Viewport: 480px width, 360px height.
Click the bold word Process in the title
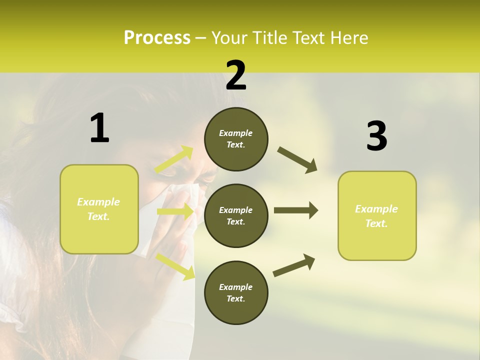click(157, 38)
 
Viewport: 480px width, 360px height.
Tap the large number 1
click(99, 129)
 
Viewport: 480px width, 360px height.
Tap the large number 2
click(236, 75)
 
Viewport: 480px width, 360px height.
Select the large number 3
click(376, 136)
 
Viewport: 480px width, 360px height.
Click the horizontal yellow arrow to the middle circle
click(175, 211)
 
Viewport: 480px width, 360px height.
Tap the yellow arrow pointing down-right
click(175, 266)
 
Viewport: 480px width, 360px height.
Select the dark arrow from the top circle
click(297, 160)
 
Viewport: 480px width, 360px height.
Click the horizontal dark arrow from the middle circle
click(295, 210)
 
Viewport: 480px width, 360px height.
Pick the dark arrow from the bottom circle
click(294, 265)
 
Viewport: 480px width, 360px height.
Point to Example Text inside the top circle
click(236, 139)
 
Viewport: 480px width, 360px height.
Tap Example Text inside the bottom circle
click(236, 293)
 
